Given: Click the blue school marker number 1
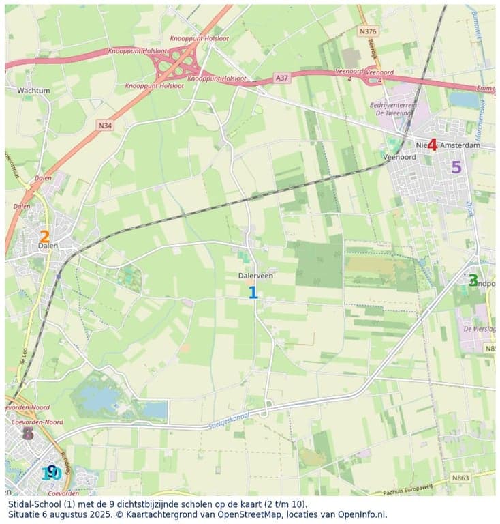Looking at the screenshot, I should tap(253, 293).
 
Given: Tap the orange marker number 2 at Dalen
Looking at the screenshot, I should tap(44, 237).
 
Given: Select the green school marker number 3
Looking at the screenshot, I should tap(472, 280).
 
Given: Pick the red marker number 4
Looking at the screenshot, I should tap(432, 145).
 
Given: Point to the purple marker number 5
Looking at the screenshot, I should tap(456, 167).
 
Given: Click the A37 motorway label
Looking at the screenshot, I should tap(283, 78).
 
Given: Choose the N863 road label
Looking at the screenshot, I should tap(460, 478).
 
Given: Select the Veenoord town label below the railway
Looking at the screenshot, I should tap(399, 156).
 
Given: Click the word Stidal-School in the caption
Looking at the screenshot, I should tap(36, 504).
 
